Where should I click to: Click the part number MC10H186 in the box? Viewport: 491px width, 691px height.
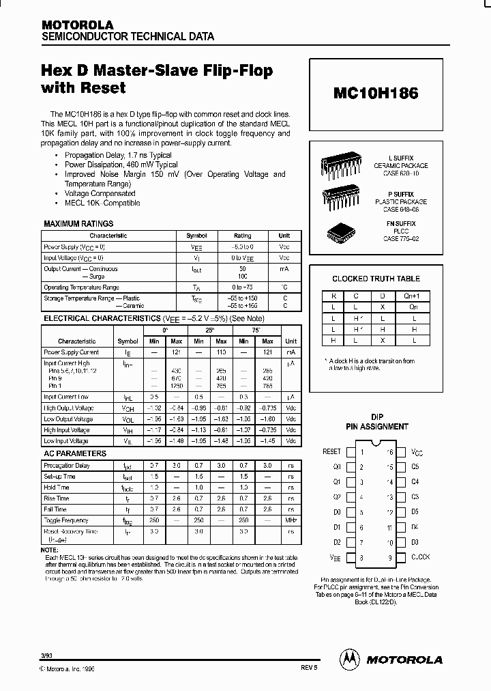376,94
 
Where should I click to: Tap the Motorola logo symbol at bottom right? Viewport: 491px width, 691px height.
349,659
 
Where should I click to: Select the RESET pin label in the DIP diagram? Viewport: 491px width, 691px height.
331,452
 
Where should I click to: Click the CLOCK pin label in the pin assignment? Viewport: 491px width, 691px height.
420,557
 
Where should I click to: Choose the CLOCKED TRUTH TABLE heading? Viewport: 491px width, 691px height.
376,279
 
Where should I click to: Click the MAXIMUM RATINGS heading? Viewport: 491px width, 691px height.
78,224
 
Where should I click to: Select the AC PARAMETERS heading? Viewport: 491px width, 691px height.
75,453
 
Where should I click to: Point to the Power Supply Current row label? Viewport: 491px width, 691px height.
72,352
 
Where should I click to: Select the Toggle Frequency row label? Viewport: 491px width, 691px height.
65,520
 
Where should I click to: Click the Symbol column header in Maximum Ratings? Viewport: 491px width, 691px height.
196,236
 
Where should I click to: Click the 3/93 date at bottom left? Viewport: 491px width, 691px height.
46,655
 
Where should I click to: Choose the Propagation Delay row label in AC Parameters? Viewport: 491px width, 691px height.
68,466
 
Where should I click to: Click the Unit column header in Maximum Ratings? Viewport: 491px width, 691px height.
284,236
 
